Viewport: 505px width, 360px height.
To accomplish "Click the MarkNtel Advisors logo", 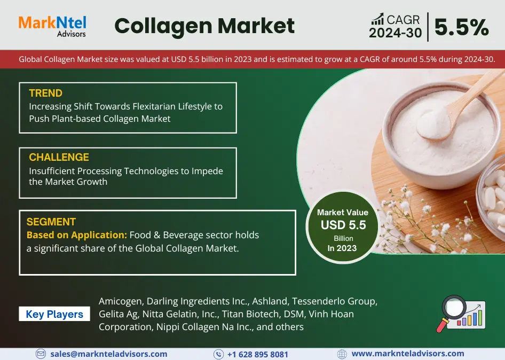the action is pyautogui.click(x=52, y=26).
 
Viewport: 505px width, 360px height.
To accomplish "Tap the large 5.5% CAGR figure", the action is pyautogui.click(x=462, y=27).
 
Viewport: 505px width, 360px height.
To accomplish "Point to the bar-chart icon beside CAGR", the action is pyautogui.click(x=377, y=19).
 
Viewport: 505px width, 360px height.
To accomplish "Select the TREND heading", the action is pyautogui.click(x=45, y=93).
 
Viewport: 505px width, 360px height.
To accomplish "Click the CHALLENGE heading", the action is pyautogui.click(x=59, y=157).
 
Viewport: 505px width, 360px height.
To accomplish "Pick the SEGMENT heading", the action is pyautogui.click(x=51, y=222).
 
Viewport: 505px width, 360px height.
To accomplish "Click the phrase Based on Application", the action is pyautogui.click(x=77, y=235).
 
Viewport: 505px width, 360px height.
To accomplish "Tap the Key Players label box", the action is pyautogui.click(x=54, y=314).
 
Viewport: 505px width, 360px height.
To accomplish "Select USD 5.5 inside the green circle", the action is pyautogui.click(x=343, y=225).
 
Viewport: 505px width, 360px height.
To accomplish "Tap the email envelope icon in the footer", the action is pyautogui.click(x=41, y=354).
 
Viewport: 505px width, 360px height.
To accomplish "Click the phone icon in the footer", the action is pyautogui.click(x=218, y=354).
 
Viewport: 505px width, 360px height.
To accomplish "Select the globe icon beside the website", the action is pyautogui.click(x=342, y=354).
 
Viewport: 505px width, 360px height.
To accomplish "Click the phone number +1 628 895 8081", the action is pyautogui.click(x=258, y=355).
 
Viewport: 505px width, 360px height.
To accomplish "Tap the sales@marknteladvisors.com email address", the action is pyautogui.click(x=108, y=354).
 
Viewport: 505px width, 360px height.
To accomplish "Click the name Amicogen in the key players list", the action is pyautogui.click(x=121, y=301).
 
